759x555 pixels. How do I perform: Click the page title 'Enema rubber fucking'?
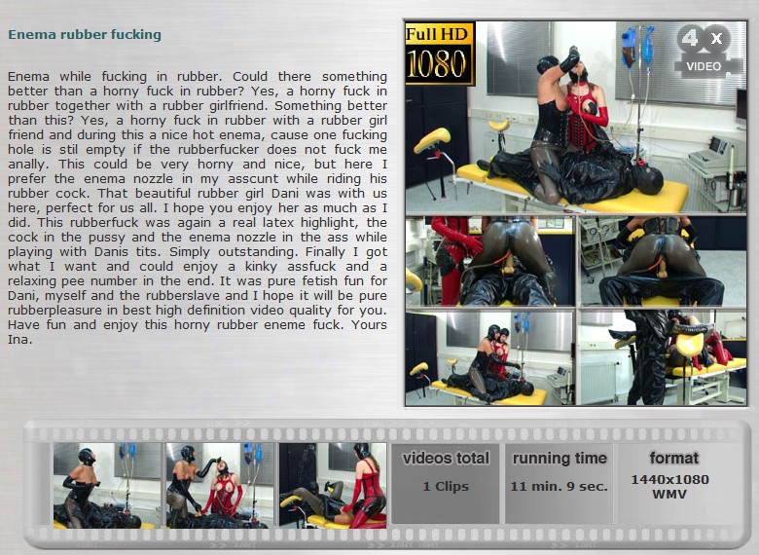pos(85,35)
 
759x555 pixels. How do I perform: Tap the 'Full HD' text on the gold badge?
pos(437,34)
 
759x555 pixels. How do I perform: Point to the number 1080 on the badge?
pos(437,63)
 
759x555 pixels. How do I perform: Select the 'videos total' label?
pos(446,459)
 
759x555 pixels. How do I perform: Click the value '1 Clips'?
pos(446,486)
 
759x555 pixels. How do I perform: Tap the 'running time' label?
pos(560,459)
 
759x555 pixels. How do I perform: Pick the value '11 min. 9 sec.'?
pos(560,486)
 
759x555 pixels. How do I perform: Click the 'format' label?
pos(673,458)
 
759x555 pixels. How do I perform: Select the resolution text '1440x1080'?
pos(669,479)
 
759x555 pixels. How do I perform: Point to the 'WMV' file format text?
pos(669,495)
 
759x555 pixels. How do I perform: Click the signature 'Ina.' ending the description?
pos(20,340)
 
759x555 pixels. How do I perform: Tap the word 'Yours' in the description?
pos(369,324)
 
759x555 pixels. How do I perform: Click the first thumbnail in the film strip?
pos(107,485)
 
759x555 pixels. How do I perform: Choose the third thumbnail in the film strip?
pos(333,485)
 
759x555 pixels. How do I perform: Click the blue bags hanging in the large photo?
pos(637,46)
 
